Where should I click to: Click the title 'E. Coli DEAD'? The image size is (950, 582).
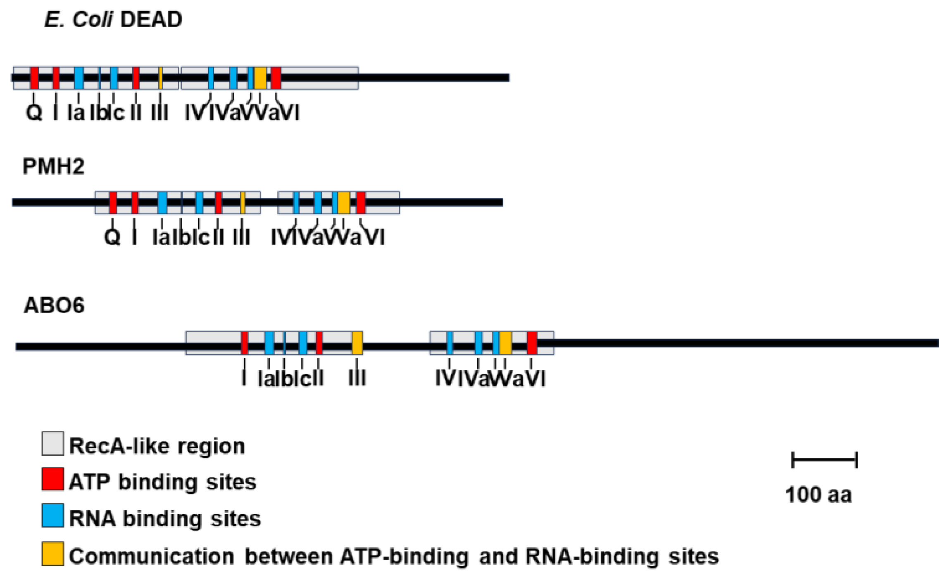pos(113,19)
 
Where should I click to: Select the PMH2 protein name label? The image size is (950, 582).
pos(53,166)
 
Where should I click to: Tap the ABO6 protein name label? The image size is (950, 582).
pos(54,305)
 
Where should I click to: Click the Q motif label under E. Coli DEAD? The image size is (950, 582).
pos(34,112)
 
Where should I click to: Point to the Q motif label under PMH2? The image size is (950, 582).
pos(112,237)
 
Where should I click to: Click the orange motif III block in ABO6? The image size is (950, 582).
pos(357,343)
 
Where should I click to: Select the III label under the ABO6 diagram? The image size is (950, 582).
pos(357,378)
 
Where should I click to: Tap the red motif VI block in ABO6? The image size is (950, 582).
pos(531,343)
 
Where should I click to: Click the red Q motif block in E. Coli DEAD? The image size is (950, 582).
pos(34,78)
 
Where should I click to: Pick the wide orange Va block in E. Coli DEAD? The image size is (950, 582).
pos(260,78)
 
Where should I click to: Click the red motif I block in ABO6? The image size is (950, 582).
pos(244,343)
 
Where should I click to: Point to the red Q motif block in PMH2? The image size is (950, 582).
pos(113,202)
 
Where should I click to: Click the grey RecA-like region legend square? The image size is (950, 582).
pos(52,443)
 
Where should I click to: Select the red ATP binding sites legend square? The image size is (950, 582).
pos(52,479)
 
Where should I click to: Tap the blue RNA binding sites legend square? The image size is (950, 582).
pos(52,515)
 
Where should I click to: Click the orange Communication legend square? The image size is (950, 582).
pos(52,554)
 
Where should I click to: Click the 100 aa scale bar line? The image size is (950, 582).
pos(824,459)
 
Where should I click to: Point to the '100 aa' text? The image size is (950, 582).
pos(818,494)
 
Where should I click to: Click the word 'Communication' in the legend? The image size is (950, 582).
pos(151,556)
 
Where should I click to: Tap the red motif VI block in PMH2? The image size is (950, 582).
pos(361,202)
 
